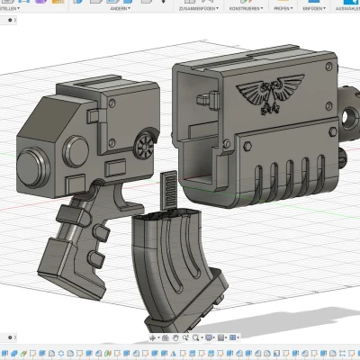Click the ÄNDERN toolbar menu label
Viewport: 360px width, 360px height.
pos(119,7)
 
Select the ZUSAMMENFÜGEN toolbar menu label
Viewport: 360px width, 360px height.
pos(181,7)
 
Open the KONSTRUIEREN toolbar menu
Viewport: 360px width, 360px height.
pos(245,7)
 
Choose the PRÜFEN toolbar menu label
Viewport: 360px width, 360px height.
pos(283,7)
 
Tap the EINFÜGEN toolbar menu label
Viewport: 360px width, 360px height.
pos(315,7)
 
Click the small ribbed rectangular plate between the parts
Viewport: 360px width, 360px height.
pos(166,190)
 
